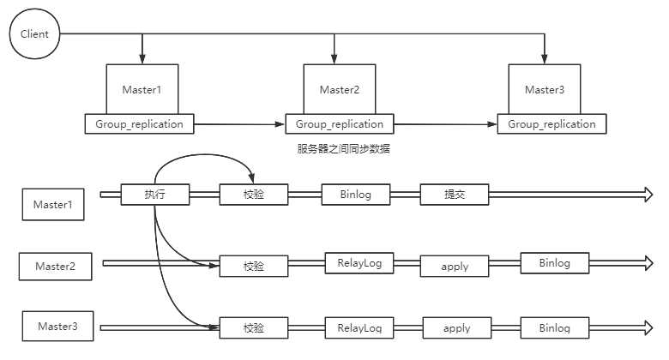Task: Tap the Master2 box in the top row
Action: (339, 88)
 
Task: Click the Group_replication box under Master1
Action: (140, 123)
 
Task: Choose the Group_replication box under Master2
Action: (340, 124)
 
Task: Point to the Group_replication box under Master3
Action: (551, 124)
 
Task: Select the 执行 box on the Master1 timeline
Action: (154, 195)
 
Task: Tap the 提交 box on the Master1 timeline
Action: (454, 195)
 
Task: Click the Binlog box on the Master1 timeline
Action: (355, 195)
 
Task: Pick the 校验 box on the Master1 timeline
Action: (254, 195)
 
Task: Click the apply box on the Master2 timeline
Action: (454, 266)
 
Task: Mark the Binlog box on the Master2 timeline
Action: (554, 263)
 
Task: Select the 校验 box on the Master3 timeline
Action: (254, 328)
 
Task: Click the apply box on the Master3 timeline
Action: (456, 328)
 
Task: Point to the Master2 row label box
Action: (56, 267)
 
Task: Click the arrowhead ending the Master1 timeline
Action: (644, 195)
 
